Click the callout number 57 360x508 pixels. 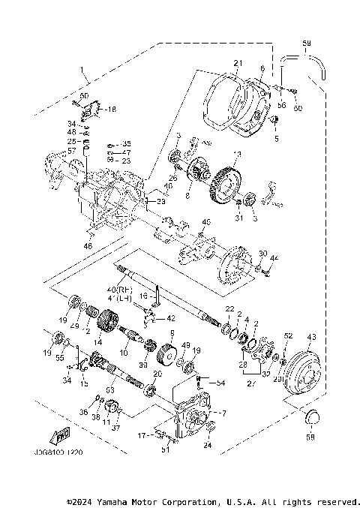pyautogui.click(x=73, y=151)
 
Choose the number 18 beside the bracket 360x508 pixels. pyautogui.click(x=111, y=110)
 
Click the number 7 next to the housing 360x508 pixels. pyautogui.click(x=223, y=413)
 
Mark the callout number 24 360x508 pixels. pyautogui.click(x=207, y=446)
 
